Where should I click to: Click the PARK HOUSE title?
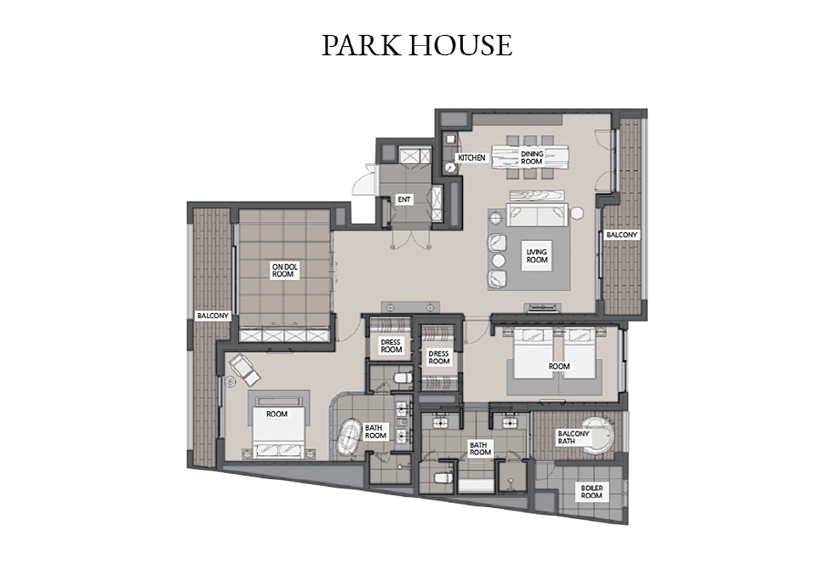(417, 45)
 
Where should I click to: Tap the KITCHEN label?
(471, 158)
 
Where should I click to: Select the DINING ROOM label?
(531, 158)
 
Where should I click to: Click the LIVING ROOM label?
(537, 256)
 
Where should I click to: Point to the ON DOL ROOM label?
(283, 271)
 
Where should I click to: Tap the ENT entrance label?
(404, 200)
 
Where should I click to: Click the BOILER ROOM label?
(591, 492)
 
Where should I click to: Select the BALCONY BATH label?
(574, 437)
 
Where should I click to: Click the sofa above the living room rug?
(537, 215)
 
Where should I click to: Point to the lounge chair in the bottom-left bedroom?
(245, 369)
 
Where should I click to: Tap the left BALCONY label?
(213, 316)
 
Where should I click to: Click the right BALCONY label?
(621, 235)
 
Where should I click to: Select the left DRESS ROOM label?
(391, 346)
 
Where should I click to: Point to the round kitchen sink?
(450, 168)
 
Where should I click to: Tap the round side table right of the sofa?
(577, 214)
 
